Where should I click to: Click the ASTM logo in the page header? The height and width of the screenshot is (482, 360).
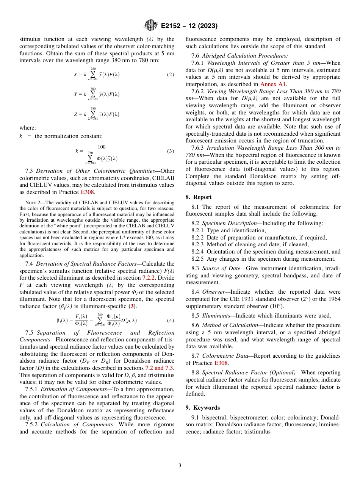pos(150,26)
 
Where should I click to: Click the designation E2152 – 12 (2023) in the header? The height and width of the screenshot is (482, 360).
pos(189,26)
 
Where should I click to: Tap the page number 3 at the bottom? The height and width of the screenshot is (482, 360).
pos(180,465)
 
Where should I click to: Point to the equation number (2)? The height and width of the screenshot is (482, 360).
pos(170,75)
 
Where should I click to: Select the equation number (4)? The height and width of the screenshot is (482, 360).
pos(170,320)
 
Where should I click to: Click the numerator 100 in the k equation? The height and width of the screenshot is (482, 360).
pos(102,147)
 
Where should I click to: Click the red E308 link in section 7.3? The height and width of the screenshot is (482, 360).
pos(88,192)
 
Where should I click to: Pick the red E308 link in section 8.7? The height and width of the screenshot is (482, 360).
pos(221,363)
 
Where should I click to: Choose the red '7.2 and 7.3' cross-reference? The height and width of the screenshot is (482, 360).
pos(160,368)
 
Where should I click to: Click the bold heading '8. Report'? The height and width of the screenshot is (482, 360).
pos(199,197)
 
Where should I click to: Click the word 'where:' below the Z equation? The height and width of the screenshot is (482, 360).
pos(27,128)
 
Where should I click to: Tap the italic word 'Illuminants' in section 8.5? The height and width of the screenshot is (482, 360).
pos(217,316)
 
